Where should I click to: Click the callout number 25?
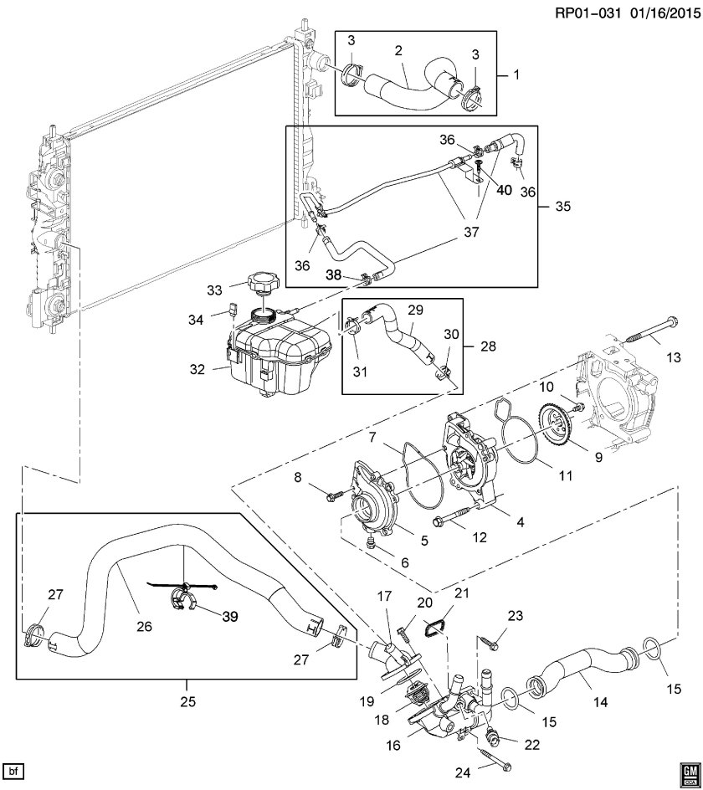[x=187, y=700]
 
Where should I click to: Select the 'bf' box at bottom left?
[x=13, y=771]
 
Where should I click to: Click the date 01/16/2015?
[x=662, y=13]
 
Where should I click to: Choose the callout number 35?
[x=563, y=206]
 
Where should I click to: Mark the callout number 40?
[x=504, y=189]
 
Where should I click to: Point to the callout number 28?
[x=488, y=346]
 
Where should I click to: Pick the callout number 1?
[x=516, y=74]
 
